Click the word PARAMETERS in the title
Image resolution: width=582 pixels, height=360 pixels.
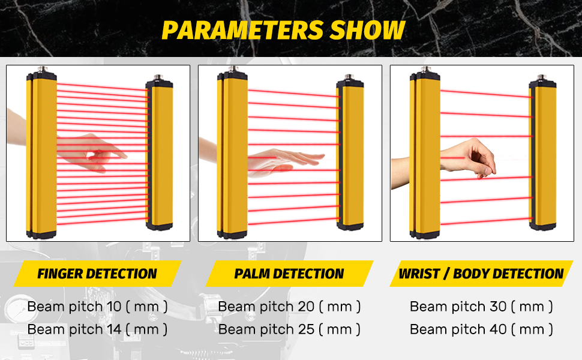243,30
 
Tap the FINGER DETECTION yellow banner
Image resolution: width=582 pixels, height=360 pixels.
97,274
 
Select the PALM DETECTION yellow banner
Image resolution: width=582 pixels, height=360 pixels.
289,274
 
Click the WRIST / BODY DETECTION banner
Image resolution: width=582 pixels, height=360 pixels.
481,274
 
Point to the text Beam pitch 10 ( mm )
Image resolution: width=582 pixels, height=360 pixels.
97,307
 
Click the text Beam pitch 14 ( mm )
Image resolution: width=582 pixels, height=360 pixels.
97,329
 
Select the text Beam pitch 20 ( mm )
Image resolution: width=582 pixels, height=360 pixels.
289,307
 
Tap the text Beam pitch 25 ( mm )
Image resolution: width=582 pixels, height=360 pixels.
289,329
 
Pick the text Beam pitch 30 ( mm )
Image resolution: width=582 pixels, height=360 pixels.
481,307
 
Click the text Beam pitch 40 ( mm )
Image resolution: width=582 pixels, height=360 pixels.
481,329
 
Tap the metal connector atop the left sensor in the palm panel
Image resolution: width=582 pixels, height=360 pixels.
233,70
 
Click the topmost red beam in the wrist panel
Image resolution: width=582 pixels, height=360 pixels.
487,94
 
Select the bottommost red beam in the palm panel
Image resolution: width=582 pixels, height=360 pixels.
293,221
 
